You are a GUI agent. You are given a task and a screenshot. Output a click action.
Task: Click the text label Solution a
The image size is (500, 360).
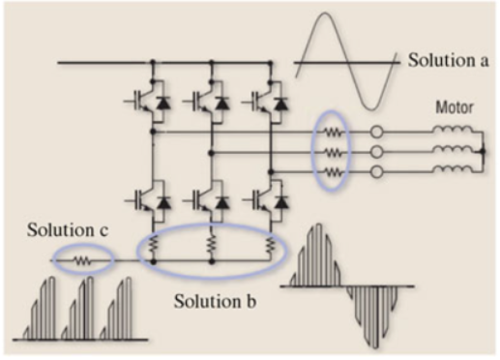pos(448,60)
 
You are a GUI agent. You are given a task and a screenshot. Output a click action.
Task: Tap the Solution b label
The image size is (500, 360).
pos(215,299)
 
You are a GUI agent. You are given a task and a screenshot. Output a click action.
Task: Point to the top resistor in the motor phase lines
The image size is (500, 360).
pos(333,131)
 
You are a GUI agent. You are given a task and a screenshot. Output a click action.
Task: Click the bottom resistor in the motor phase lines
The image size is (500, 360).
pos(333,171)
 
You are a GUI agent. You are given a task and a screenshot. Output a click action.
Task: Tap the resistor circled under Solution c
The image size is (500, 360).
pos(83,259)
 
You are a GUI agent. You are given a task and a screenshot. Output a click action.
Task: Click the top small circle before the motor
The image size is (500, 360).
pos(378,131)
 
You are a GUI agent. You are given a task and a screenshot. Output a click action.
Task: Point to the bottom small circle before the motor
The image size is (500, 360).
pos(378,171)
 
